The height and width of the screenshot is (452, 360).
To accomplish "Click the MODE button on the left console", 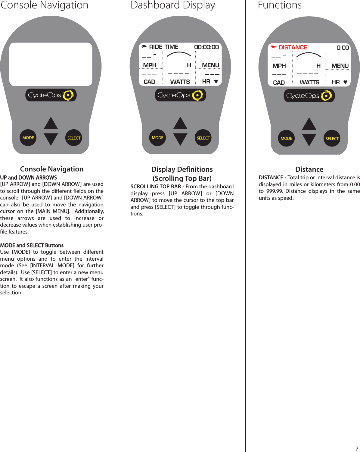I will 28,138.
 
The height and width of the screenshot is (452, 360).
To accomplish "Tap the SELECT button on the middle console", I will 203,138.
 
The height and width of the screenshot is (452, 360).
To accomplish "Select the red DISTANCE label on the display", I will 293,47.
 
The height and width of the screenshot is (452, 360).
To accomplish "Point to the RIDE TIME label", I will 163,47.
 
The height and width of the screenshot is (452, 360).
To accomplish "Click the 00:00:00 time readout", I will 206,47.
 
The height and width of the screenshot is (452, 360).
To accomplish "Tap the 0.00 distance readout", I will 343,48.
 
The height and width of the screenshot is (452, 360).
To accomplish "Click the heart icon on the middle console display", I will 216,81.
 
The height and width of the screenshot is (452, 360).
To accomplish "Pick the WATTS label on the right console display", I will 309,82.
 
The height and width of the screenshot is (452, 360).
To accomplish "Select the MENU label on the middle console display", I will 210,65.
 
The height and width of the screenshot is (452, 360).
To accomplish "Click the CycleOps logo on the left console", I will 51,95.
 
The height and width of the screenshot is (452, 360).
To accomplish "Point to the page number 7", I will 357,448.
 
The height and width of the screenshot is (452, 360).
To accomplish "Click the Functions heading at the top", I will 280,5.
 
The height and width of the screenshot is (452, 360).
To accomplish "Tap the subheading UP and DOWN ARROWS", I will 29,177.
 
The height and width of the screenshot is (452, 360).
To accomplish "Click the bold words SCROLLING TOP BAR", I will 156,187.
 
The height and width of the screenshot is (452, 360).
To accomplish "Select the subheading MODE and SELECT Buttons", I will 32,245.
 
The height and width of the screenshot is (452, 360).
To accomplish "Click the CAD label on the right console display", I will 279,83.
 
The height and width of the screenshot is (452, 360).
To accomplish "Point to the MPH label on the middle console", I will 150,65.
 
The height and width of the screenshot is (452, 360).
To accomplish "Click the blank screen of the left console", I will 51,64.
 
